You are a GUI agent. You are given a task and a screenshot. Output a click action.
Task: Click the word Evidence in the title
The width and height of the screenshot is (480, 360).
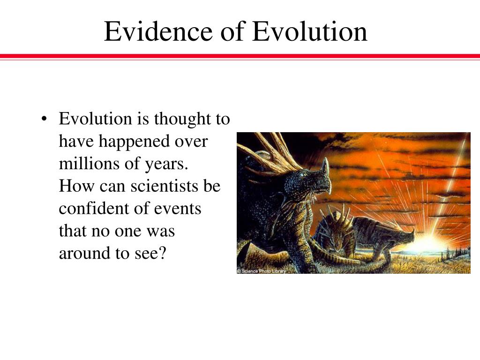[x=158, y=31]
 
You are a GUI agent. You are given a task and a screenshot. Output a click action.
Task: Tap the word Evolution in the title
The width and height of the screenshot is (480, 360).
[x=310, y=31]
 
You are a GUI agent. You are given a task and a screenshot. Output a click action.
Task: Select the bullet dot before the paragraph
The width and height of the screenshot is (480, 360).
[x=45, y=119]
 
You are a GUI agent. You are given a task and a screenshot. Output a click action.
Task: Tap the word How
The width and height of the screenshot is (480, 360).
[x=76, y=186]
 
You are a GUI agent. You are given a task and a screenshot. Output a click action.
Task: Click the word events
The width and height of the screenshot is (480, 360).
[x=178, y=209]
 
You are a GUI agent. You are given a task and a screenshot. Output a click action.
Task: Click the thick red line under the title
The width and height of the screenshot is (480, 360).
[x=240, y=56]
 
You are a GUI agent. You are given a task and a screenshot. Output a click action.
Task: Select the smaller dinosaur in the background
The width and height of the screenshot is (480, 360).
[x=364, y=236]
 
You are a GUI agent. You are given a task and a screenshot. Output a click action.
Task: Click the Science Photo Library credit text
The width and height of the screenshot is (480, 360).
[x=262, y=271]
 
